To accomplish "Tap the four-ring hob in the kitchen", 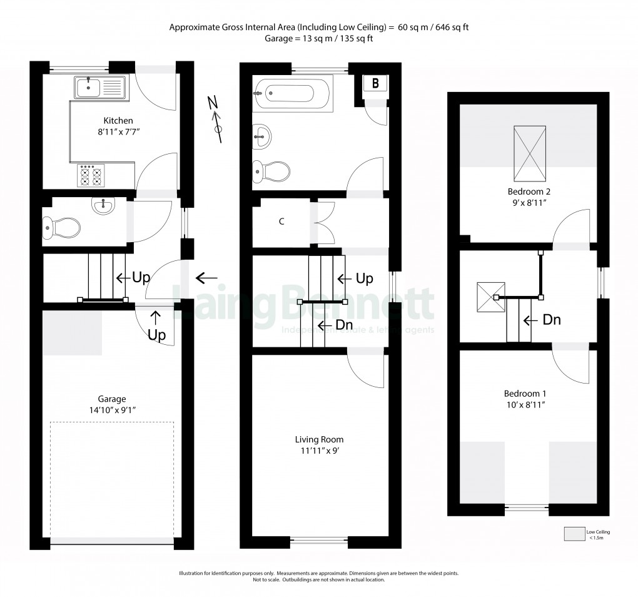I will pos(91,175).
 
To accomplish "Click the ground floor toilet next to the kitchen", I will pos(61,228).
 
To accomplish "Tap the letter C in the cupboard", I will pos(282,221).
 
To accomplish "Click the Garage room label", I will pos(111,399).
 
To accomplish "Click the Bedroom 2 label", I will pos(525,191).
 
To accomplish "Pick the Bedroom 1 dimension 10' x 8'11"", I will pos(525,405).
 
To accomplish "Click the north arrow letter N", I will pos(213,102).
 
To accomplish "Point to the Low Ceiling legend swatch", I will pos(572,534).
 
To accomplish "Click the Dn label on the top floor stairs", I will pos(550,320).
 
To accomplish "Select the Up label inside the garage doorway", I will pos(156,335).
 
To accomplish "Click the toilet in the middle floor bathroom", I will pos(271,170).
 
